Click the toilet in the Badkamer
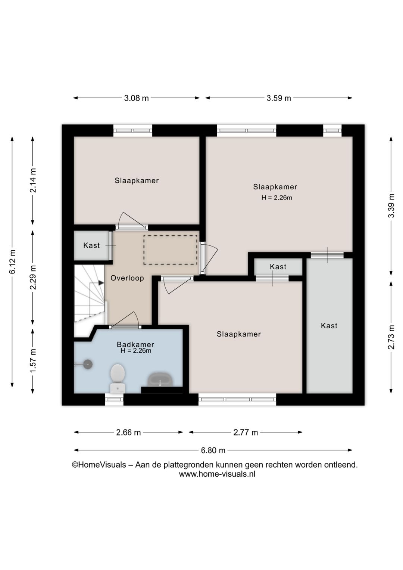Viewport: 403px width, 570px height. pyautogui.click(x=118, y=379)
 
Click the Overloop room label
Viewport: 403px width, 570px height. pyautogui.click(x=127, y=278)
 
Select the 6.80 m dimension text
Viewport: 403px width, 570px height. pyautogui.click(x=213, y=450)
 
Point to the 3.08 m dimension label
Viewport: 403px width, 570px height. pyautogui.click(x=136, y=98)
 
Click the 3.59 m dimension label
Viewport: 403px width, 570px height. pyautogui.click(x=279, y=98)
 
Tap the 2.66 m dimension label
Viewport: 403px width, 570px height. pyautogui.click(x=128, y=432)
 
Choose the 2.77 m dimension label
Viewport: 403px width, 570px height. pyautogui.click(x=246, y=432)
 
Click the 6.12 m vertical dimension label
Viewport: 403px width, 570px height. pyautogui.click(x=12, y=261)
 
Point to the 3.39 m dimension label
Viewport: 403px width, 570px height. pyautogui.click(x=391, y=205)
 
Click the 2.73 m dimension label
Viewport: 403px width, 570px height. pyautogui.click(x=391, y=337)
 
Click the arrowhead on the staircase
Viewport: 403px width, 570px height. pyautogui.click(x=101, y=283)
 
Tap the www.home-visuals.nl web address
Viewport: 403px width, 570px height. pyautogui.click(x=217, y=474)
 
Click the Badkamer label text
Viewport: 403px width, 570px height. pyautogui.click(x=135, y=344)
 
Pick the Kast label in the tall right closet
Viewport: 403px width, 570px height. pyautogui.click(x=329, y=326)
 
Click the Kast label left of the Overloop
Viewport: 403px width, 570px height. pyautogui.click(x=91, y=245)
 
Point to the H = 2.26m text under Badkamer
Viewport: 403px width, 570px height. pyautogui.click(x=136, y=351)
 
